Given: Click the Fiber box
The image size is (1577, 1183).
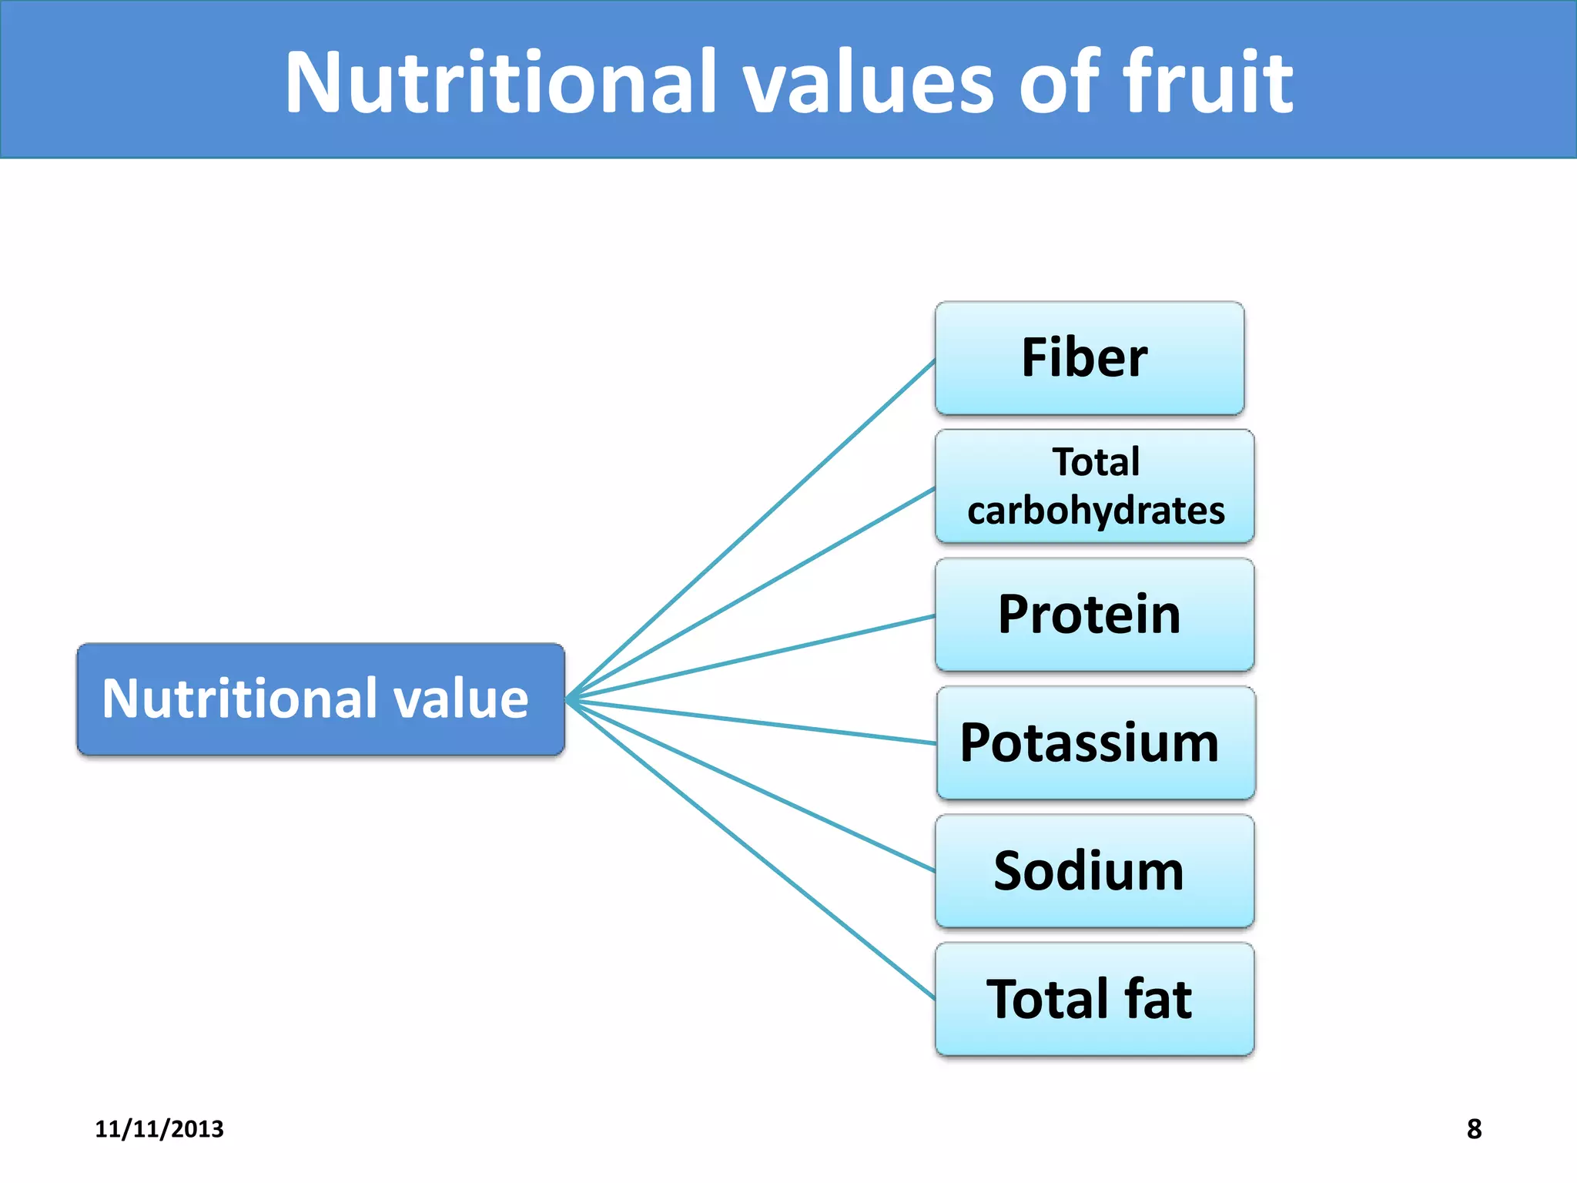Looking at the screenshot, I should pos(1089,358).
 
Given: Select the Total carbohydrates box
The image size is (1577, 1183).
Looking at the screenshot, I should pos(1094,486).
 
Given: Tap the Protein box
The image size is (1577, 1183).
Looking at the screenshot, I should pos(1094,615).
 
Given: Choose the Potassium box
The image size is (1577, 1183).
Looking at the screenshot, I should pos(1095,742).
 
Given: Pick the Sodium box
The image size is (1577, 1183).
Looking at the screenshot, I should pos(1094,871).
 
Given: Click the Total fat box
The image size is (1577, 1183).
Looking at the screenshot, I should pos(1094,999).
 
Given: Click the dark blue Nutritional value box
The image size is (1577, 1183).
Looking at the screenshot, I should pos(320,699).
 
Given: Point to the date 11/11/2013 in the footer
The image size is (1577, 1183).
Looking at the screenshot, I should pos(159,1128).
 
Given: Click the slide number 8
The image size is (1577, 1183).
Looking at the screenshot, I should pos(1474,1128).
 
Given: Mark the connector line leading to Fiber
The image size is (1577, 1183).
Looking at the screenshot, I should pos(751,530).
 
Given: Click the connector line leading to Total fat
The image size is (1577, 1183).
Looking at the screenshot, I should pos(751,850).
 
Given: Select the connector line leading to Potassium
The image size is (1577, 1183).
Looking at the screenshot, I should pos(751,721).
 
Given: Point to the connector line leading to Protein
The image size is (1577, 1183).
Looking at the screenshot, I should pos(751,658).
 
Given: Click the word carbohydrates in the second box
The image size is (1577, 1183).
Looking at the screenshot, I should pos(1095,511).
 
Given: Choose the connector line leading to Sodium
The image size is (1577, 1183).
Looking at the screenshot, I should pos(751,786).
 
